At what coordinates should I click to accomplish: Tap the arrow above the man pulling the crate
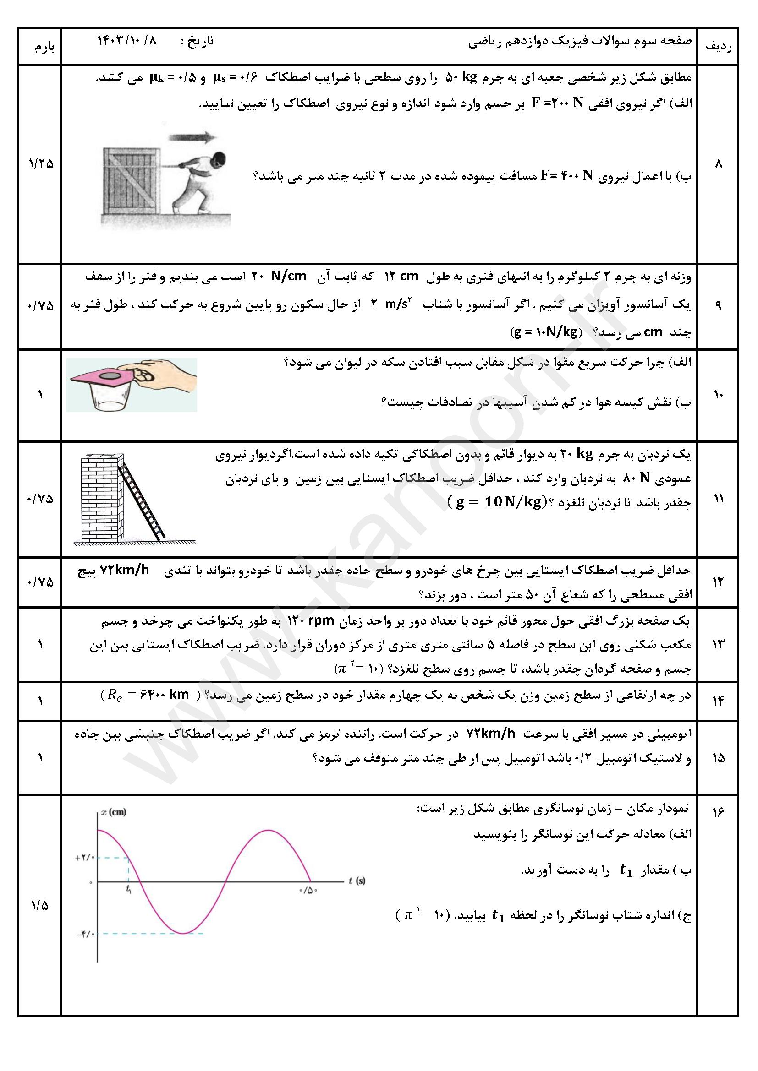(193, 137)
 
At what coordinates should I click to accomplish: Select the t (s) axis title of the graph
(357, 881)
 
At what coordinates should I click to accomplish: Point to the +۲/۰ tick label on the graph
(85, 857)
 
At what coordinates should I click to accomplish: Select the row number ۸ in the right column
(718, 164)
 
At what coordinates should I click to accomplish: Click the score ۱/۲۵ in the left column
(41, 164)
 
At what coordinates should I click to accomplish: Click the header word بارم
(44, 48)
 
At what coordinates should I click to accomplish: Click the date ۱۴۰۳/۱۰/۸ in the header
(127, 41)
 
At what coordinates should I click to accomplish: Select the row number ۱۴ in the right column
(718, 701)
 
